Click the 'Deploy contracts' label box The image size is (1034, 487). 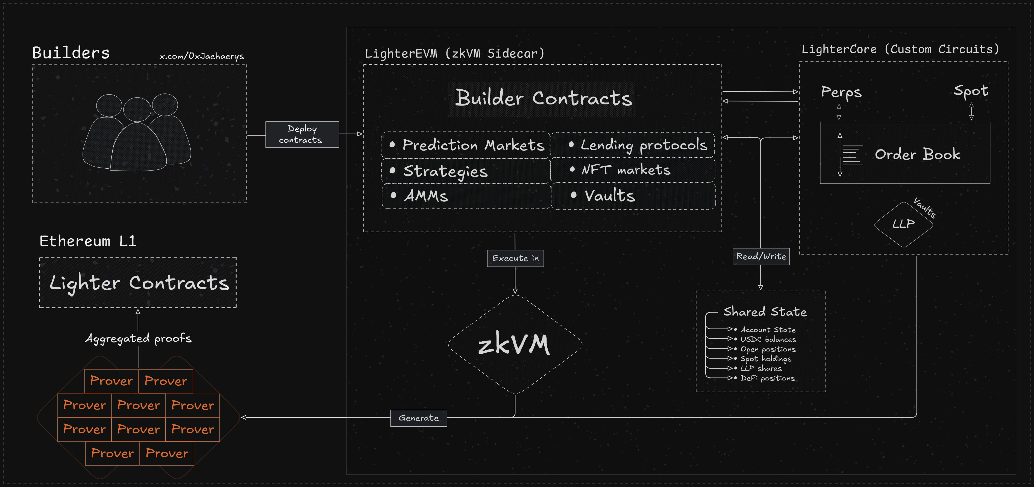302,135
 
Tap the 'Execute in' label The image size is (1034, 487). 515,258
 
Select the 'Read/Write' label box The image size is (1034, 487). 761,257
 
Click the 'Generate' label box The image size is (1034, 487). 418,418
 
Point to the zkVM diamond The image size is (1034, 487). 515,344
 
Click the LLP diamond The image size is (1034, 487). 903,224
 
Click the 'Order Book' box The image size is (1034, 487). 905,153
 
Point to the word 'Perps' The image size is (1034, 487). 841,92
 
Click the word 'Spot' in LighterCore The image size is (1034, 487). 971,91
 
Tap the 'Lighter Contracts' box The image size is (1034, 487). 138,283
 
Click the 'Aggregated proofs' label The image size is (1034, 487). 139,339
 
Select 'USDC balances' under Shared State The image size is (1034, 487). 767,339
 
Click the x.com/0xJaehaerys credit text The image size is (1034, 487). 201,56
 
